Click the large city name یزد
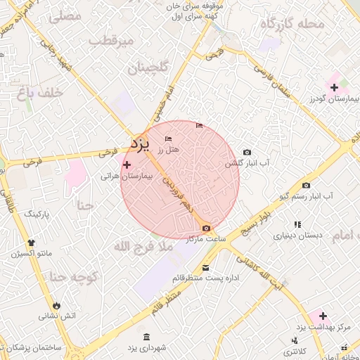[x=141, y=143]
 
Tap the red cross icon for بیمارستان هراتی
[x=127, y=165]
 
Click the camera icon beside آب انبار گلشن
[x=246, y=153]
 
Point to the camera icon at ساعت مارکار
[x=205, y=228]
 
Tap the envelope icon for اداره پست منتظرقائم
[x=205, y=268]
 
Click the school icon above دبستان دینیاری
[x=297, y=224]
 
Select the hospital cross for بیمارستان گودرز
[x=334, y=87]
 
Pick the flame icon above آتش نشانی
[x=57, y=305]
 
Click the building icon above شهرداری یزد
[x=146, y=337]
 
